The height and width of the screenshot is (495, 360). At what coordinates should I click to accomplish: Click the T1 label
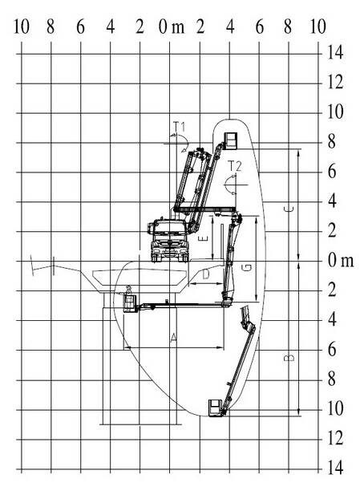tap(180, 127)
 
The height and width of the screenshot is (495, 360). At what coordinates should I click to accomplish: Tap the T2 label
tap(234, 166)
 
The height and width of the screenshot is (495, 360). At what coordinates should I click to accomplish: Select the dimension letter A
tap(173, 338)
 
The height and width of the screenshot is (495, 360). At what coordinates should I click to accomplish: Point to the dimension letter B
tap(289, 357)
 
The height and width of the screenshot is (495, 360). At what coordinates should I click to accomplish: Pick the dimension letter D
tap(206, 274)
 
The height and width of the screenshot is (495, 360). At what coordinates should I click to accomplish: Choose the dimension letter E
tap(204, 238)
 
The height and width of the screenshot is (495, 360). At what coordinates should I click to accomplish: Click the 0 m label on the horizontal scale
tap(172, 27)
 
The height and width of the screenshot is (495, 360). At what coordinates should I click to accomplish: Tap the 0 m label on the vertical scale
tap(341, 261)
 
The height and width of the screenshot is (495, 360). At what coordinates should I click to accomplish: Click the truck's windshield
tap(170, 227)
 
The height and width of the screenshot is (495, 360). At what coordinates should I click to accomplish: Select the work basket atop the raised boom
tap(230, 140)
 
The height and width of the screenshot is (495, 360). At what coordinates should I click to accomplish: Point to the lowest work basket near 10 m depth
tap(216, 408)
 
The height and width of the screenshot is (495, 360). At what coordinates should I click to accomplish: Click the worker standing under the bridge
tap(128, 290)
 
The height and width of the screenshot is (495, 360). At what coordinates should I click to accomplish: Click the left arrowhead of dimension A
tap(127, 348)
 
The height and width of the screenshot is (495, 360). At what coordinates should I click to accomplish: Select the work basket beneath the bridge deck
tap(130, 303)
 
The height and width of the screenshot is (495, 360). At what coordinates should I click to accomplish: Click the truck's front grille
tap(170, 243)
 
